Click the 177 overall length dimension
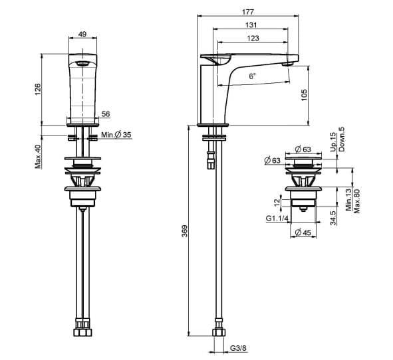(x=248, y=12)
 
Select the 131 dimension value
(x=251, y=25)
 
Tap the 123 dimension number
(x=253, y=38)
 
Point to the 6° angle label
(x=252, y=76)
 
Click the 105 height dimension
(x=304, y=95)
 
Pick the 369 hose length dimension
(x=184, y=231)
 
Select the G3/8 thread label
(x=238, y=348)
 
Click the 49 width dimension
(x=82, y=34)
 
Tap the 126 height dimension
(x=37, y=90)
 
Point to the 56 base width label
(x=106, y=114)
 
